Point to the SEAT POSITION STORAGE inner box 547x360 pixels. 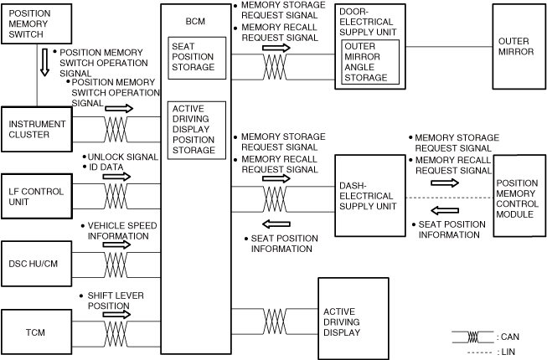196,58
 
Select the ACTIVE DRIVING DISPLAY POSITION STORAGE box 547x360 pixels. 196,129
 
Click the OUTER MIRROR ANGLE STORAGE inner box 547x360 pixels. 369,61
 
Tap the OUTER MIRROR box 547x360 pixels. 513,46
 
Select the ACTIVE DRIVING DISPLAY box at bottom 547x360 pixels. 353,321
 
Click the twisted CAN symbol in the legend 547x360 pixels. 473,336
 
